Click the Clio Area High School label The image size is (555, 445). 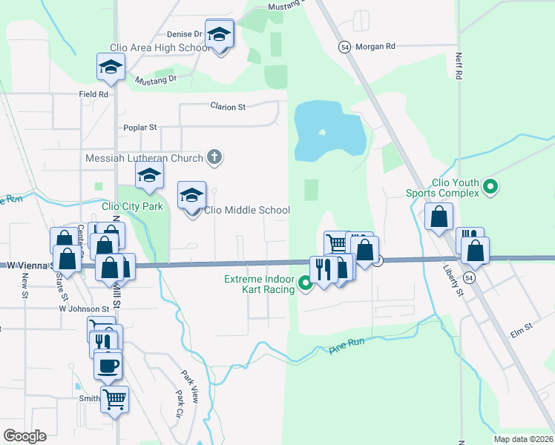pyautogui.click(x=160, y=47)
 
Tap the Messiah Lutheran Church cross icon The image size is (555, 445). pyautogui.click(x=214, y=156)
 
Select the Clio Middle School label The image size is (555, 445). pyautogui.click(x=252, y=211)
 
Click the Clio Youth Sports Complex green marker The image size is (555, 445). pyautogui.click(x=490, y=188)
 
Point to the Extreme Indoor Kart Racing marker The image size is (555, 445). pyautogui.click(x=305, y=282)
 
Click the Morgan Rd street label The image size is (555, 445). pyautogui.click(x=376, y=46)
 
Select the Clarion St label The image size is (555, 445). pyautogui.click(x=228, y=107)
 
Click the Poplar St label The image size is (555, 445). pyautogui.click(x=142, y=128)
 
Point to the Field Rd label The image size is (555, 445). pyautogui.click(x=94, y=94)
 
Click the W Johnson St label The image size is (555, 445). pyautogui.click(x=84, y=308)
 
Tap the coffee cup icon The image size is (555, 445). pyautogui.click(x=108, y=365)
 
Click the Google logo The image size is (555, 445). pyautogui.click(x=24, y=435)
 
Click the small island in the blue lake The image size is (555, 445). pyautogui.click(x=321, y=133)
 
